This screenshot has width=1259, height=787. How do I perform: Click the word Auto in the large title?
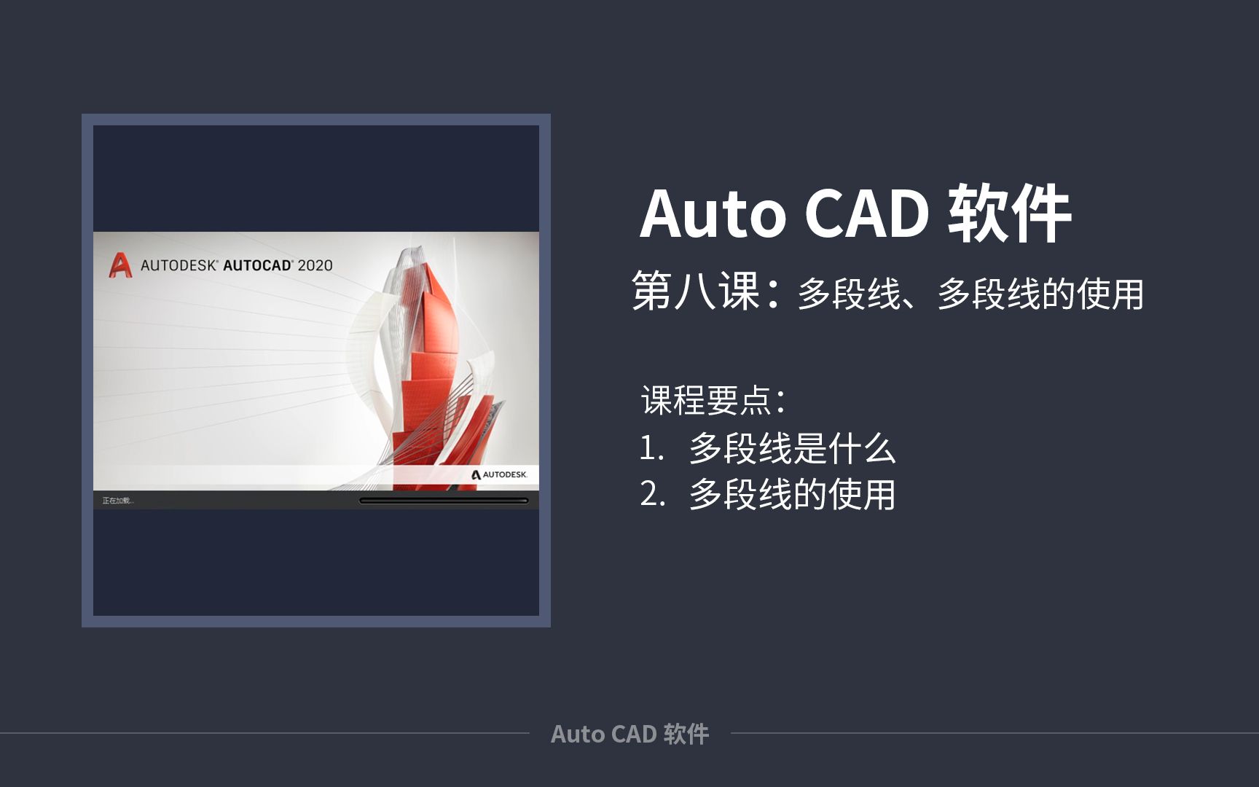(x=713, y=214)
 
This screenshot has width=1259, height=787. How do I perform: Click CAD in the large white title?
(x=867, y=214)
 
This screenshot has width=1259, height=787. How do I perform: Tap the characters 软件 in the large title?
(x=1009, y=214)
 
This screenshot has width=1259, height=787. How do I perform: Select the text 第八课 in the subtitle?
(x=696, y=291)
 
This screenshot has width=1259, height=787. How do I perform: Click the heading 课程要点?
(x=706, y=400)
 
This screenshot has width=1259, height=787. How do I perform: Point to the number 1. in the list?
(x=651, y=448)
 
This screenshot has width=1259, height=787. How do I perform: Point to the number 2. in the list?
(x=652, y=494)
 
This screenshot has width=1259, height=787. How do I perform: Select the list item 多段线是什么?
(x=792, y=448)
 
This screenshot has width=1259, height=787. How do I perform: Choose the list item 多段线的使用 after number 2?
(x=792, y=494)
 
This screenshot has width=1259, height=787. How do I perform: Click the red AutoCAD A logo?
(x=120, y=265)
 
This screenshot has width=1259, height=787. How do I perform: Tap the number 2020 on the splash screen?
(x=315, y=265)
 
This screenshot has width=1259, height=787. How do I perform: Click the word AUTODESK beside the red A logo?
(x=179, y=265)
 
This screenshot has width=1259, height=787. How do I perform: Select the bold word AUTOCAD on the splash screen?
(x=257, y=265)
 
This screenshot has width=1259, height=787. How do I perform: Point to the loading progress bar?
(x=443, y=501)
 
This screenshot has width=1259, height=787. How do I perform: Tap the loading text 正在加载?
(x=117, y=501)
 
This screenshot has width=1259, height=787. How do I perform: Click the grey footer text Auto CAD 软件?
(x=629, y=734)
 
